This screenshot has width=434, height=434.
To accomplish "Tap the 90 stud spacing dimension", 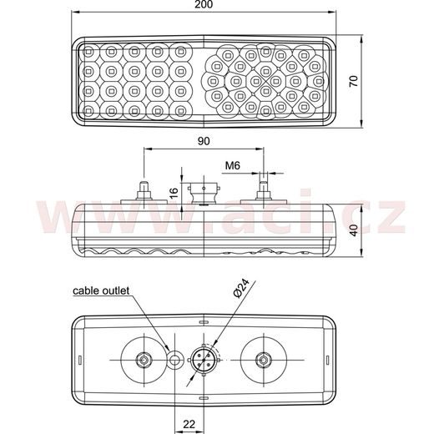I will pos(204,141).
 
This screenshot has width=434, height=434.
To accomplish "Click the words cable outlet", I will pos(100,291).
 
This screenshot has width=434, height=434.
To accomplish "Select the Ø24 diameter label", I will pos(240,289).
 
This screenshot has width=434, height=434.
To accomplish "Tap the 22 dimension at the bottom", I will pos(189,424).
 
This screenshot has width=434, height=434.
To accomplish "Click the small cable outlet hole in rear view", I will pos(175,360).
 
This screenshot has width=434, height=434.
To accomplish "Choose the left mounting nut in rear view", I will pos(144,360).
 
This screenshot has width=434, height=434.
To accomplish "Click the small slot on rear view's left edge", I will pos(79,360).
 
